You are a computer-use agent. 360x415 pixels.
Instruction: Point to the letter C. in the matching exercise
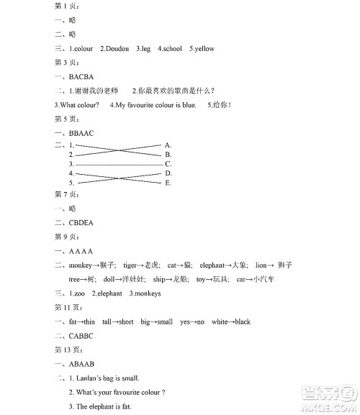168,164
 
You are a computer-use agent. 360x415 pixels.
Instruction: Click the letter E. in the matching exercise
168,183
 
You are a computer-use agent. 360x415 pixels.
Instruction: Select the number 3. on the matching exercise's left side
71,164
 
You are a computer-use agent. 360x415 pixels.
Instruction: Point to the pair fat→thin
81,321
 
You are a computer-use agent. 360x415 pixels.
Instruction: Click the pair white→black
231,321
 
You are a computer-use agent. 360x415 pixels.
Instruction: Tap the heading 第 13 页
68,350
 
